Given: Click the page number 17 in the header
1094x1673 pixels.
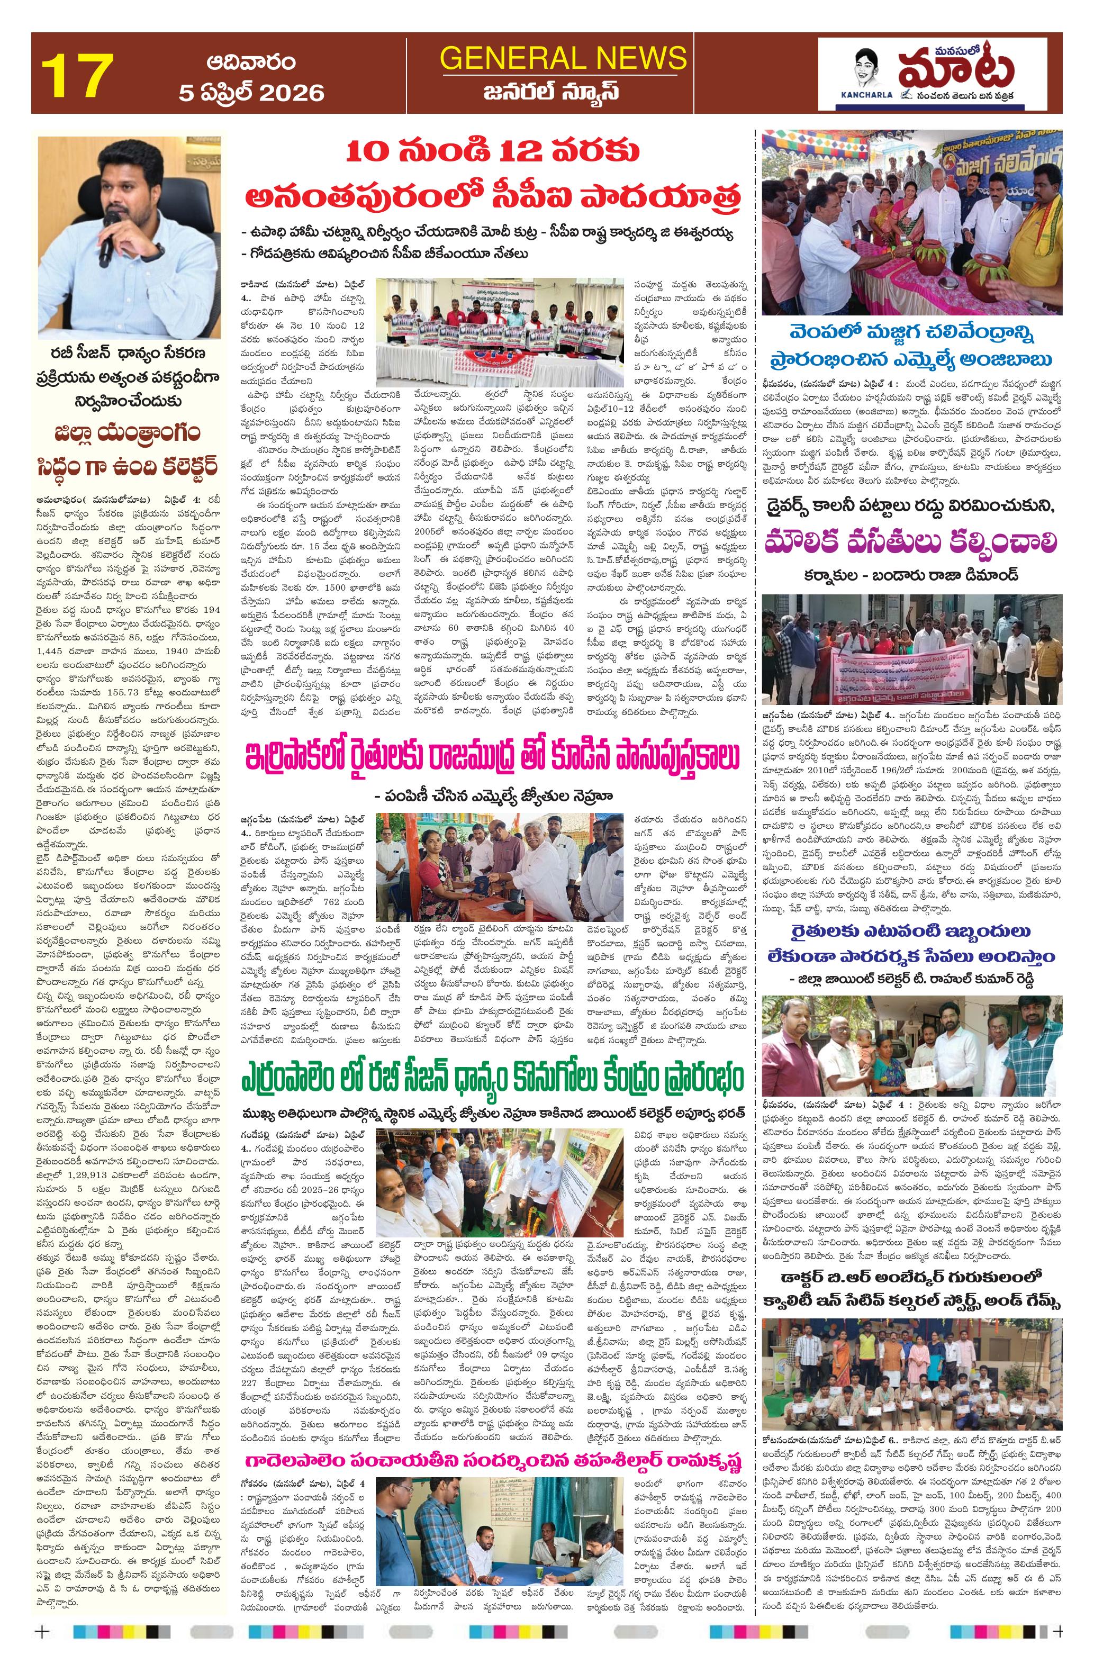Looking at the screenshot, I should point(77,75).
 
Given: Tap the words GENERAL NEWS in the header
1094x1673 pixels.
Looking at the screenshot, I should point(563,57).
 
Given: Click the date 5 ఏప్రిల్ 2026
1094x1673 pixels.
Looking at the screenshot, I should point(251,93).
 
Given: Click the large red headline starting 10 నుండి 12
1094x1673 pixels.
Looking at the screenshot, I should point(492,176).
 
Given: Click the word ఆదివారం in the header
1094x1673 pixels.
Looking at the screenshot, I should point(251,62).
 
